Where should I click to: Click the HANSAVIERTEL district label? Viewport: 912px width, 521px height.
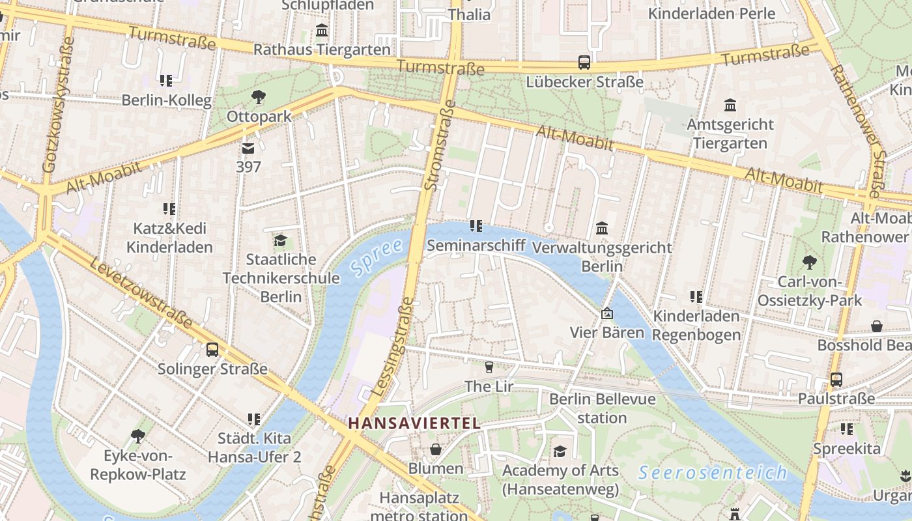coord(414,423)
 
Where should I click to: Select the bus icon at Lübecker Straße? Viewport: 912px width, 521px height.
coord(584,63)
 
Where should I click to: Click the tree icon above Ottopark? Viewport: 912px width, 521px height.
coord(259,98)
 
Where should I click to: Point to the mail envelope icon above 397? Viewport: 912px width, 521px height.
coord(248,148)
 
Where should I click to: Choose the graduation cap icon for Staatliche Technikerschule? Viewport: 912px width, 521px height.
coord(281,241)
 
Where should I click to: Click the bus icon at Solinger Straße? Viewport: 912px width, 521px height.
coord(212,350)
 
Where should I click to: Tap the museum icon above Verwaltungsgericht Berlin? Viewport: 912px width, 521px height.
coord(602,229)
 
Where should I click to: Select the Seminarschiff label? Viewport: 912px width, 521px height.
coord(476,246)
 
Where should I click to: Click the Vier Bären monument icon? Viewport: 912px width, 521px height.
coord(607,314)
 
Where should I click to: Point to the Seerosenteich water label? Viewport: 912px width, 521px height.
coord(713,472)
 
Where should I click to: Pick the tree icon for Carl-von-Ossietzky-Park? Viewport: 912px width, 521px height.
coord(810,262)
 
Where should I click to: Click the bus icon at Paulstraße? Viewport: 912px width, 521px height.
coord(836,379)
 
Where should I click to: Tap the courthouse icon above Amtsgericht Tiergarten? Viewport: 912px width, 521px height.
coord(730,105)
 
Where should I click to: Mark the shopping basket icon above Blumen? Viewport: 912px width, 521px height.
coord(436,449)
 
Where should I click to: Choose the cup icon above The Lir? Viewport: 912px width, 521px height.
coord(489,367)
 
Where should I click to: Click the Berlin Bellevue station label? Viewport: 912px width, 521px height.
coord(602,408)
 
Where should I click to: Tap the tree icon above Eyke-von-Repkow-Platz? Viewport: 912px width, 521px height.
coord(137,436)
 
